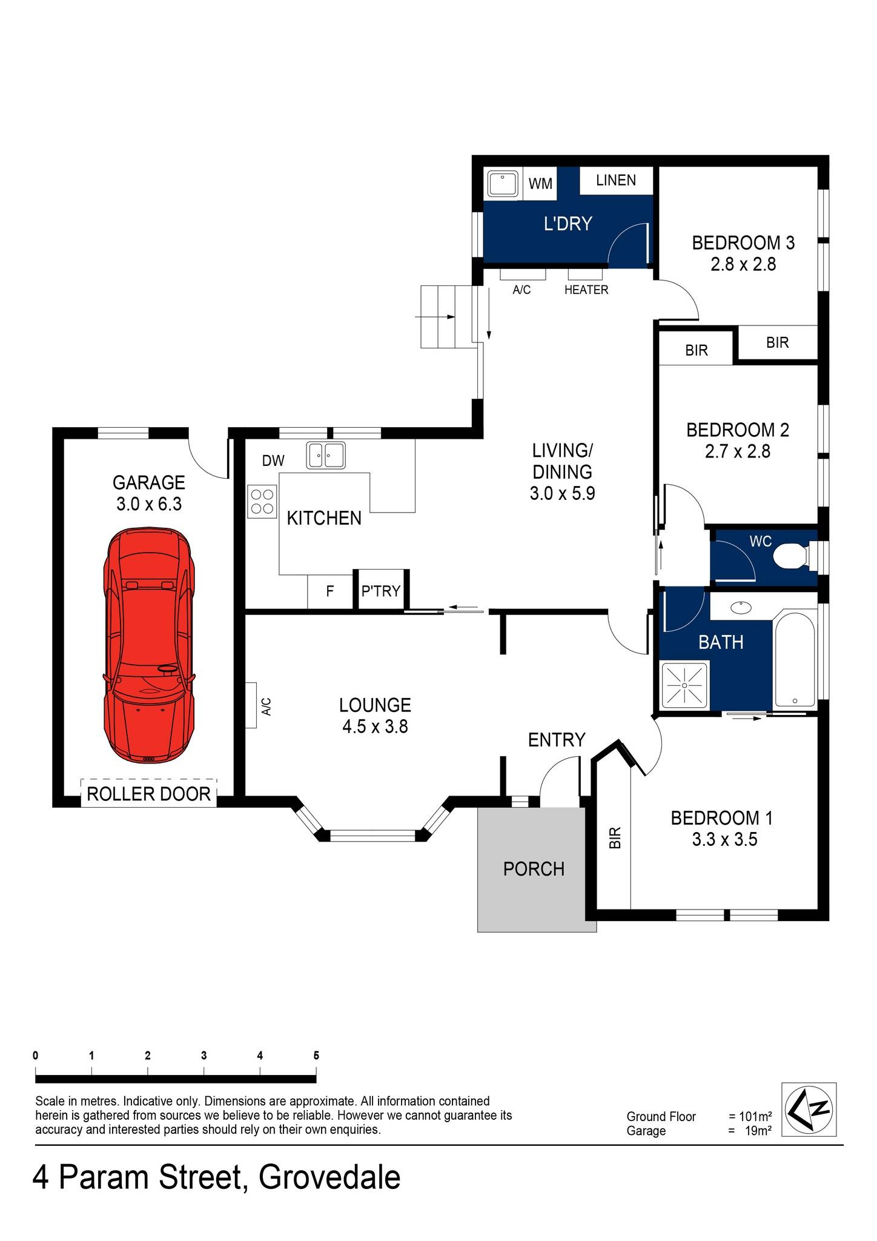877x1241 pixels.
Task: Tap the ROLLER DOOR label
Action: [148, 794]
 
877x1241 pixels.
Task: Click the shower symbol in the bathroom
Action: [684, 685]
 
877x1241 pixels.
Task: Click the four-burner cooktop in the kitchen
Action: [262, 501]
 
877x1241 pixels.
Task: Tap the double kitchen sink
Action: [326, 455]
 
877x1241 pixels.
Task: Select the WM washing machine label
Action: [540, 183]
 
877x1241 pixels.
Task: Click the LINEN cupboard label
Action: [615, 180]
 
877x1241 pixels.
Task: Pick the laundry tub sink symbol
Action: [501, 184]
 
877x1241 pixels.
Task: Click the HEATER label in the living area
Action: [586, 290]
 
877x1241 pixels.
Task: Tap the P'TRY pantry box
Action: [380, 590]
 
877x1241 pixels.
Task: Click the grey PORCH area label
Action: [533, 869]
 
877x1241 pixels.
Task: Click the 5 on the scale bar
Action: [316, 1055]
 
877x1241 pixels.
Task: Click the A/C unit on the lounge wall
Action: [251, 705]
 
